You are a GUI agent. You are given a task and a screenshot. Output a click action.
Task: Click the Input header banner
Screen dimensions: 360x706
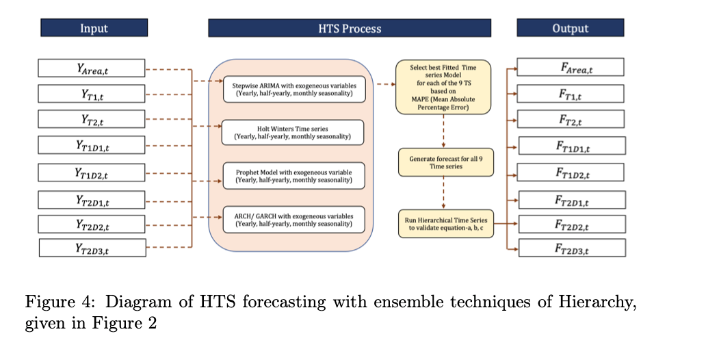point(94,28)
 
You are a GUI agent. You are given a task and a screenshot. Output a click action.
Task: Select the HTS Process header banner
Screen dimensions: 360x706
point(350,28)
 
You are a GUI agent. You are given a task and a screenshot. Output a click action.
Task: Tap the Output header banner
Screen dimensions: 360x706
point(570,28)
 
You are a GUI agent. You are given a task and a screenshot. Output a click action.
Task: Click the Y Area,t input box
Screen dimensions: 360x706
point(92,68)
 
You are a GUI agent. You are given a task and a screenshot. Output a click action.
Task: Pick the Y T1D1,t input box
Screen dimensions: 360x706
point(92,145)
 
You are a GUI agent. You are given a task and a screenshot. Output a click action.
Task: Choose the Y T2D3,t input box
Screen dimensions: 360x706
point(92,248)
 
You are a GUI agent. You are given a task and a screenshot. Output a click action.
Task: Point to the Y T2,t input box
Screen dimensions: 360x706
point(92,119)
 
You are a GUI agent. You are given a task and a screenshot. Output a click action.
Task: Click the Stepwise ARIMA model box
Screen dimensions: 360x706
point(293,90)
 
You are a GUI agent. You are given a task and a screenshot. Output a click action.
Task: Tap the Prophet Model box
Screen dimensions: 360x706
point(293,176)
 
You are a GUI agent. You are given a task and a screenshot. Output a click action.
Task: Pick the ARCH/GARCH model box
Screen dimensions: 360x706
point(293,219)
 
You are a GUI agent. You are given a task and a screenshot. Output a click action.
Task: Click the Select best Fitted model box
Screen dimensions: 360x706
point(443,87)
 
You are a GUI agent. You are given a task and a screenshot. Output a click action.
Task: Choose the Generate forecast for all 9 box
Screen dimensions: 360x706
point(445,162)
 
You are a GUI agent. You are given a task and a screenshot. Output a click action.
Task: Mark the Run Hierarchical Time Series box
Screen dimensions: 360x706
point(445,224)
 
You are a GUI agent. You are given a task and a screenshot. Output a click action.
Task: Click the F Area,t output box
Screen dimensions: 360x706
point(571,67)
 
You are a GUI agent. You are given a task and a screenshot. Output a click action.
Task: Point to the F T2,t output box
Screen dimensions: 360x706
point(571,119)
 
